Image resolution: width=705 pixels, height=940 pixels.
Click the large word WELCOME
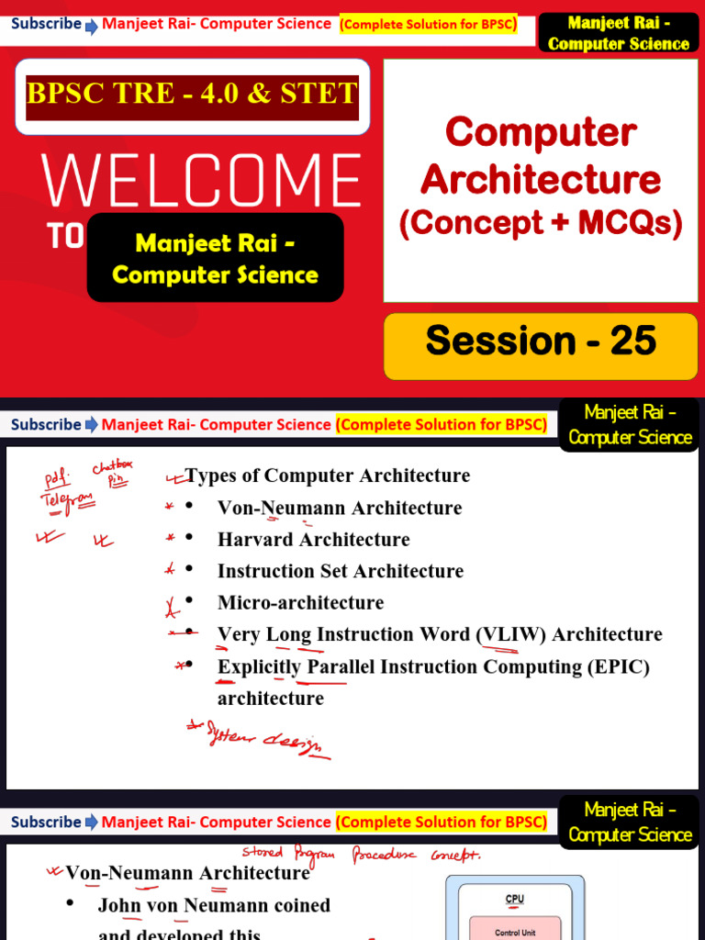click(201, 180)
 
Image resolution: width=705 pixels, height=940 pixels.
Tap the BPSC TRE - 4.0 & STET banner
click(192, 93)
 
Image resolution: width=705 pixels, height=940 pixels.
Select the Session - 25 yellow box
click(541, 341)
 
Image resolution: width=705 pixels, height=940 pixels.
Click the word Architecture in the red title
click(541, 179)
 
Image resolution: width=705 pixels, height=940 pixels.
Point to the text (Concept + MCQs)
click(541, 223)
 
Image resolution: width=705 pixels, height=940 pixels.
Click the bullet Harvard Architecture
click(313, 540)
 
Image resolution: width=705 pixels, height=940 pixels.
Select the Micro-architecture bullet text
click(300, 603)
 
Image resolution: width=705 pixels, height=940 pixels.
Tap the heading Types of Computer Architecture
click(328, 476)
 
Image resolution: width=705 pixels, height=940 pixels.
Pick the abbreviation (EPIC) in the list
click(619, 666)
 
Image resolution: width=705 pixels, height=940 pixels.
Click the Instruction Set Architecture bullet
click(340, 571)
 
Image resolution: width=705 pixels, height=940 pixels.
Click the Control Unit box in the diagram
click(514, 932)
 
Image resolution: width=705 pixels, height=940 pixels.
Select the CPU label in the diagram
click(514, 899)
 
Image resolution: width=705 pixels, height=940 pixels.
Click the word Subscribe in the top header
click(46, 24)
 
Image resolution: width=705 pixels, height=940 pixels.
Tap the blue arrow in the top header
click(92, 26)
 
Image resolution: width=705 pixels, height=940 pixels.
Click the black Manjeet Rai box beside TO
click(215, 259)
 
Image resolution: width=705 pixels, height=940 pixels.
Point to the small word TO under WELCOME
click(64, 237)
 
